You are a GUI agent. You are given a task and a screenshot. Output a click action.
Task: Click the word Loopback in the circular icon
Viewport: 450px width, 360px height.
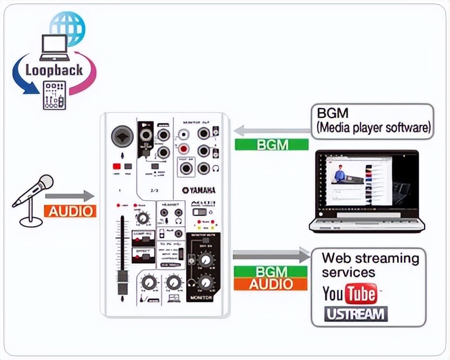pyautogui.click(x=55, y=70)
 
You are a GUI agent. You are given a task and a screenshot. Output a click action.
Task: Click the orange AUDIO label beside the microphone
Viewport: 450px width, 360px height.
pyautogui.click(x=70, y=211)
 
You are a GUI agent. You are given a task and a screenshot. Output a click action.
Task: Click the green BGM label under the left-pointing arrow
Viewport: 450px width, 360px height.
pyautogui.click(x=272, y=144)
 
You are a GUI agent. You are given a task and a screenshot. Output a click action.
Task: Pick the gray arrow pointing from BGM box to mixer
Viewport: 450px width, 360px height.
pyautogui.click(x=272, y=131)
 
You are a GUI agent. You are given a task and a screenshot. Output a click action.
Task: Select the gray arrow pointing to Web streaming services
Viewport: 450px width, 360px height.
pyautogui.click(x=272, y=256)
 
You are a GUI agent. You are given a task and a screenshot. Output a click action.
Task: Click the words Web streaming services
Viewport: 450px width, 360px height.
pyautogui.click(x=370, y=265)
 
